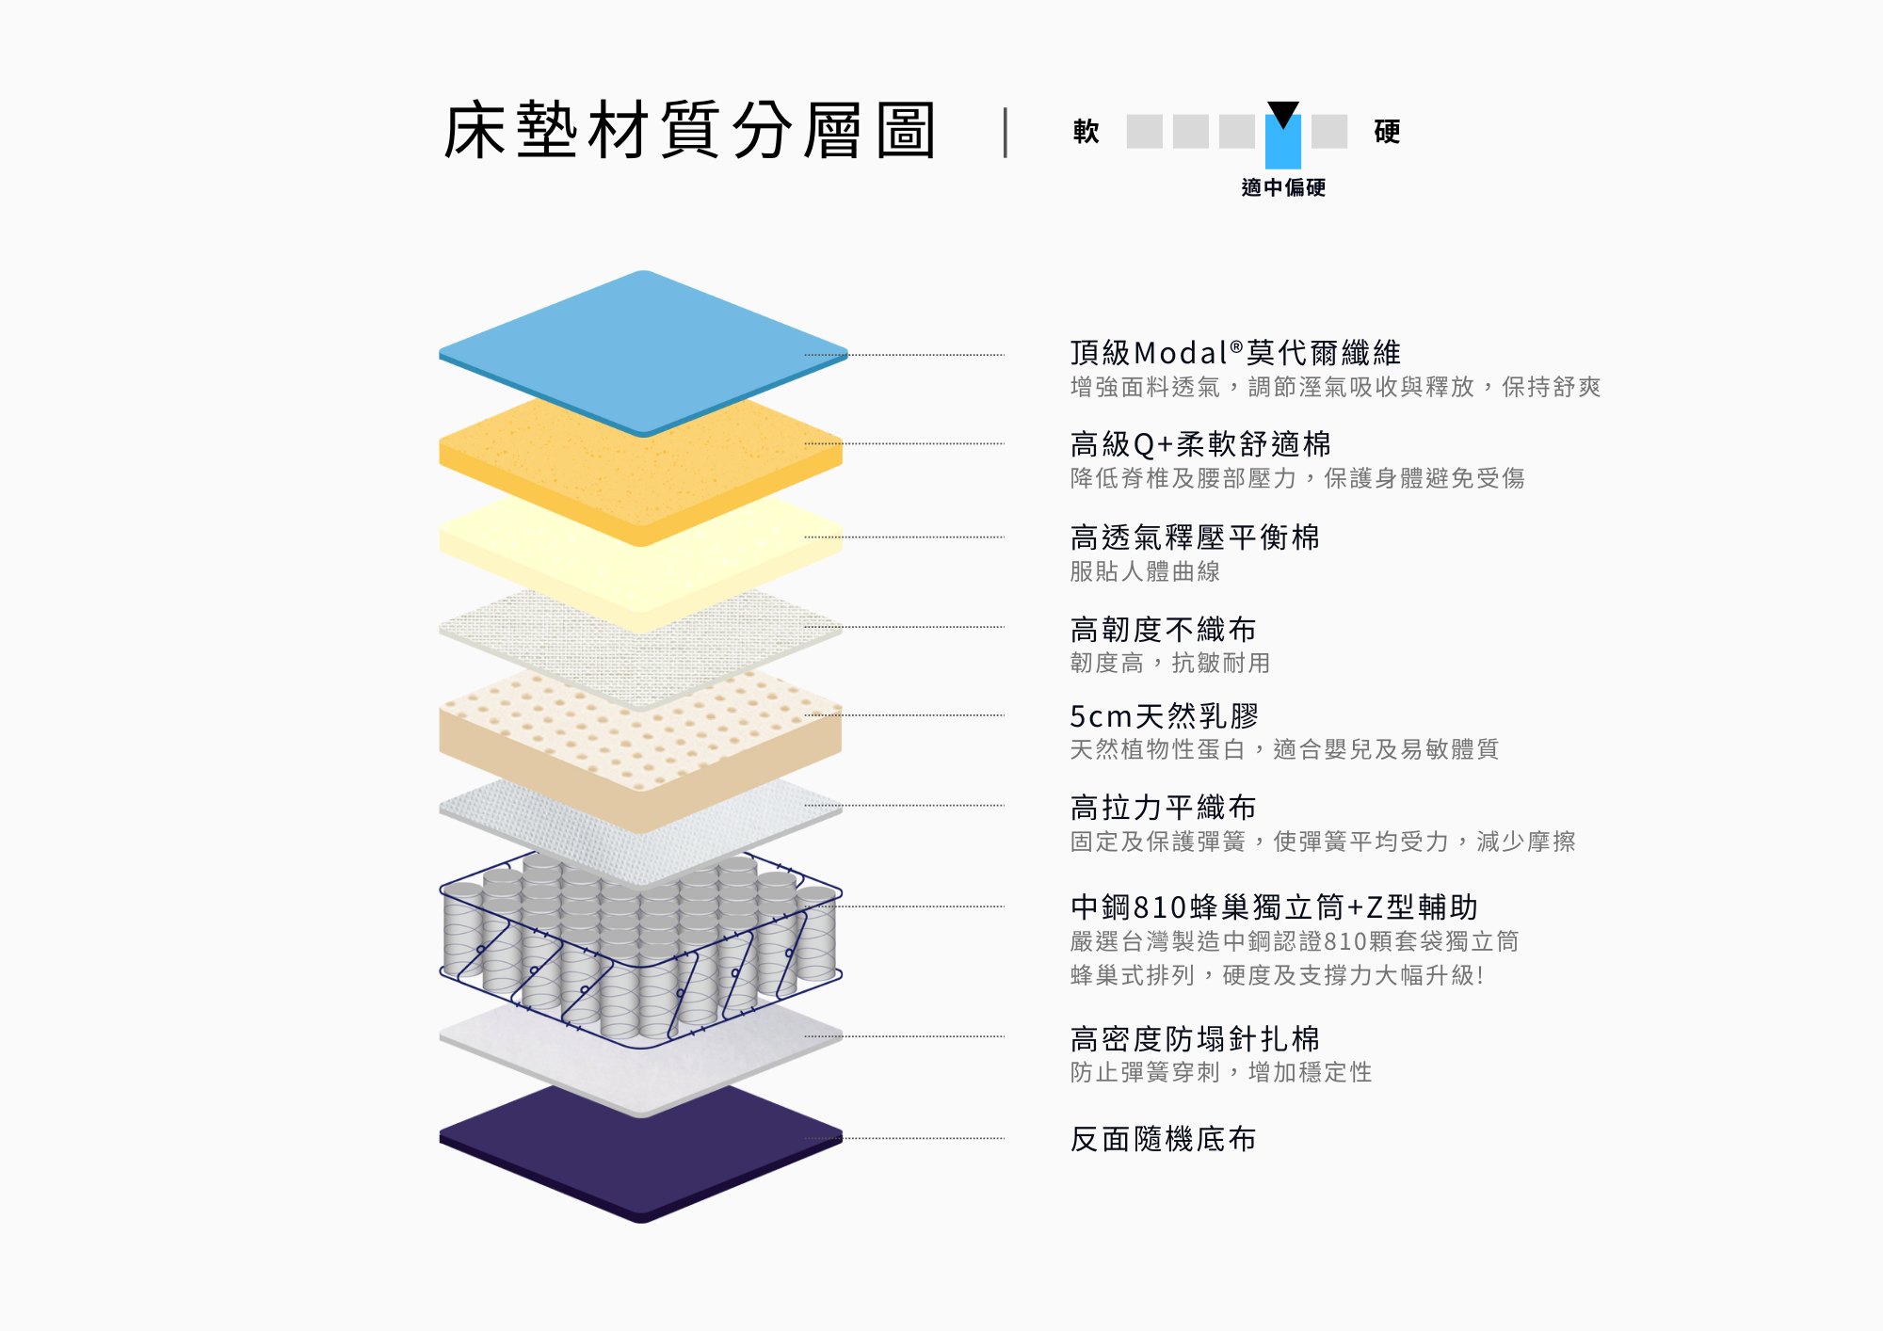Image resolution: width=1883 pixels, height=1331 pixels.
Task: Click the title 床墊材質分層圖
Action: point(689,130)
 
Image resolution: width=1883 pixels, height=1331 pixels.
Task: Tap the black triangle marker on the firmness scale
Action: point(1282,114)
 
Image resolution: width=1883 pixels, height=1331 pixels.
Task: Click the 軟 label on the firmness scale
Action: point(1086,132)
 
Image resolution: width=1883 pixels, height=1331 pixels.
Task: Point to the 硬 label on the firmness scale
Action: point(1387,132)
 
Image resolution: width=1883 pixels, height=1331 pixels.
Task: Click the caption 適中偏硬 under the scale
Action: point(1283,187)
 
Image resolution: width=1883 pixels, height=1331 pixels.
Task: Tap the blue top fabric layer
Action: point(643,352)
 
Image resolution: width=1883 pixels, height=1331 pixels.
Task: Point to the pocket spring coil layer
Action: point(640,951)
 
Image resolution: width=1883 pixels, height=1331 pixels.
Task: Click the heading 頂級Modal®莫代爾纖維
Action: point(1235,353)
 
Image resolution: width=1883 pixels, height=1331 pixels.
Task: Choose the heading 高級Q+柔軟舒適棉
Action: point(1200,444)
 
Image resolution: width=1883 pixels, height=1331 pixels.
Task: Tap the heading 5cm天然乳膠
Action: point(1165,716)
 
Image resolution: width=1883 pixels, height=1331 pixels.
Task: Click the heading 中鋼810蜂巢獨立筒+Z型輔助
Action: point(1274,907)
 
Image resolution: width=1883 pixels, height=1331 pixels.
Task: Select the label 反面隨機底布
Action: point(1163,1139)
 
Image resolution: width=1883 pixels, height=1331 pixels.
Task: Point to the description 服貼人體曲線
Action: point(1145,571)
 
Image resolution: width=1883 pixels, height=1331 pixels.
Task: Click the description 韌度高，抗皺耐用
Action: point(1170,663)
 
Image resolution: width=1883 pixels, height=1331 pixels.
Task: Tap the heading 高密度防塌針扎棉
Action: point(1195,1039)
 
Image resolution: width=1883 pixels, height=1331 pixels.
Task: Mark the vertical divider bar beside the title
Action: point(1006,132)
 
